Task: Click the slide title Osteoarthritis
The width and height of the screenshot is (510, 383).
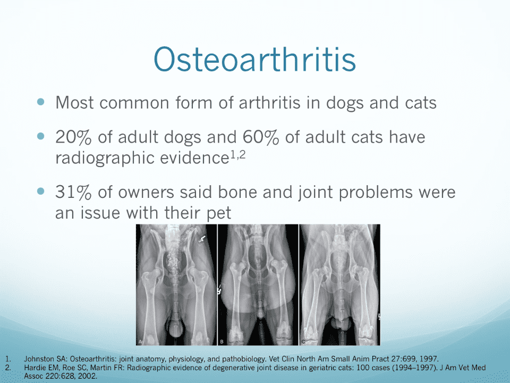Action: click(x=254, y=59)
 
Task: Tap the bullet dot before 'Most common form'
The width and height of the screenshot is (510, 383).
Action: click(x=41, y=102)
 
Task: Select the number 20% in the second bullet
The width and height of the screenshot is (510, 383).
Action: click(x=73, y=137)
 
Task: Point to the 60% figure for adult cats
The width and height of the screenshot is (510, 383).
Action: click(x=261, y=137)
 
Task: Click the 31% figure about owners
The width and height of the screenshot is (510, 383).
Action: click(x=73, y=192)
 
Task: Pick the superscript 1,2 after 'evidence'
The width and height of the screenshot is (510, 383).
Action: click(x=238, y=156)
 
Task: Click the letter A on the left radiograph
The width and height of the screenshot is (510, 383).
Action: click(x=140, y=342)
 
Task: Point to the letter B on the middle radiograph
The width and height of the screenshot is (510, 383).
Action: click(x=222, y=342)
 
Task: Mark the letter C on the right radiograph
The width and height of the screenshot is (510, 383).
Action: click(x=303, y=342)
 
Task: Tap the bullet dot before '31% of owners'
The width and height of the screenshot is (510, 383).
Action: click(x=41, y=191)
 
